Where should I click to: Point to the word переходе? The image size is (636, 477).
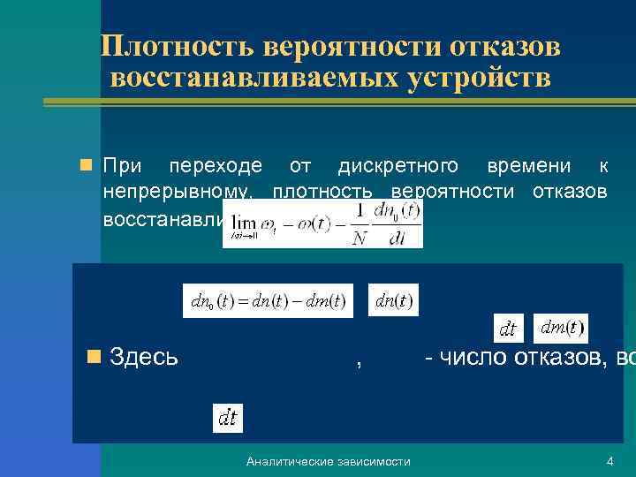(x=216, y=165)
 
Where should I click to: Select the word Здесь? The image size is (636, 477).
(x=146, y=358)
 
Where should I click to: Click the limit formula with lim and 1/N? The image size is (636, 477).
(x=322, y=223)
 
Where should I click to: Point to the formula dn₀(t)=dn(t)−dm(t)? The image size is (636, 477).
(x=268, y=300)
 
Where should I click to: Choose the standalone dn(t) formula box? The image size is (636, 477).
(x=394, y=300)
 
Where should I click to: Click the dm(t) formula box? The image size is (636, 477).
(x=560, y=328)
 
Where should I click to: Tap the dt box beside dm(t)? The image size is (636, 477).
(x=508, y=329)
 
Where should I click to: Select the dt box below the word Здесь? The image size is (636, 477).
(x=228, y=418)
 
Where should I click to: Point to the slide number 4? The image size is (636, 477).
(x=609, y=462)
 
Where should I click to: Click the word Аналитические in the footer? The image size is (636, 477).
(x=287, y=462)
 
